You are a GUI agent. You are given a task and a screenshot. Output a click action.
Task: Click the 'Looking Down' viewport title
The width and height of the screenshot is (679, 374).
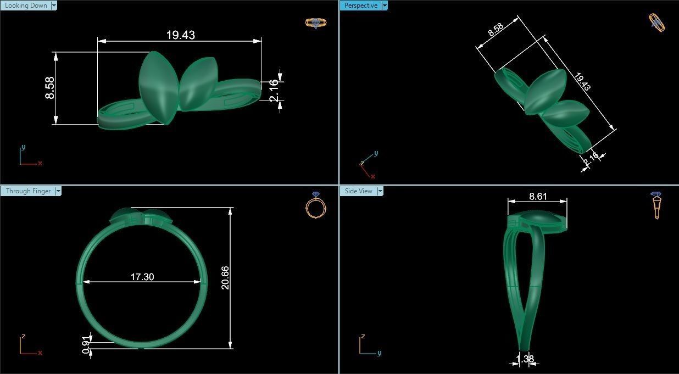26,5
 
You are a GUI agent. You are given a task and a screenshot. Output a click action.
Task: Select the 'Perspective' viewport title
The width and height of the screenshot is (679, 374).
360,5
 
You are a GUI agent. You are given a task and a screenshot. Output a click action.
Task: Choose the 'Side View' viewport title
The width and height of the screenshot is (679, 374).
358,191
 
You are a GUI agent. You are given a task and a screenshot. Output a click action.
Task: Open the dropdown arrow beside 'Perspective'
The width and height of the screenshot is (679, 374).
385,5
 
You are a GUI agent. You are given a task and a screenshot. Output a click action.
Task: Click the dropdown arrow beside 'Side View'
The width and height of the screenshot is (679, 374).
380,191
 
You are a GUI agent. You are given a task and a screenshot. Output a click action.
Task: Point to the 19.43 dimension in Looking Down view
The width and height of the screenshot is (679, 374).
180,35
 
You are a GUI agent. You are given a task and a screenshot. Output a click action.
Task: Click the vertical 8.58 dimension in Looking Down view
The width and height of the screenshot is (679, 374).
50,88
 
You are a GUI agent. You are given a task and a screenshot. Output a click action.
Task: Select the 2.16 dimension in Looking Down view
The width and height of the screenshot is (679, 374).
274,90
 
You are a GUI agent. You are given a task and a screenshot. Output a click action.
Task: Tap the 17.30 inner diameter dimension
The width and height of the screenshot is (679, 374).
142,277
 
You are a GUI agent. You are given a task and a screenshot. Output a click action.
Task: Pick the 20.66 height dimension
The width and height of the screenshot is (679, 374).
225,277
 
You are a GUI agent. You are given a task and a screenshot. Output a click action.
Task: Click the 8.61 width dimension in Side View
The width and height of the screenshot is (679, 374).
538,196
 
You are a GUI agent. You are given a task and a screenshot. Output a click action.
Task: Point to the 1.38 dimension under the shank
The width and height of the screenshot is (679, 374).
525,359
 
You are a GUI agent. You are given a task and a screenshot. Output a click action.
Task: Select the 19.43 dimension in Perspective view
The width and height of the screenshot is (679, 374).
582,82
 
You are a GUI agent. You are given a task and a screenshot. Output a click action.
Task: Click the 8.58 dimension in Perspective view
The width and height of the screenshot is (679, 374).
496,30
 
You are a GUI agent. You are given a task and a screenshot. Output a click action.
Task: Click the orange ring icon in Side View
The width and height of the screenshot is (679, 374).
656,205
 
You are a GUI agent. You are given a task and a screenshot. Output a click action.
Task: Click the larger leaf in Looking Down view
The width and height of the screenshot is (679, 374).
158,87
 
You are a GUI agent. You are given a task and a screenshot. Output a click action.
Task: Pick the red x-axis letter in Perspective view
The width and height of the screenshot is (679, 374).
373,176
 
